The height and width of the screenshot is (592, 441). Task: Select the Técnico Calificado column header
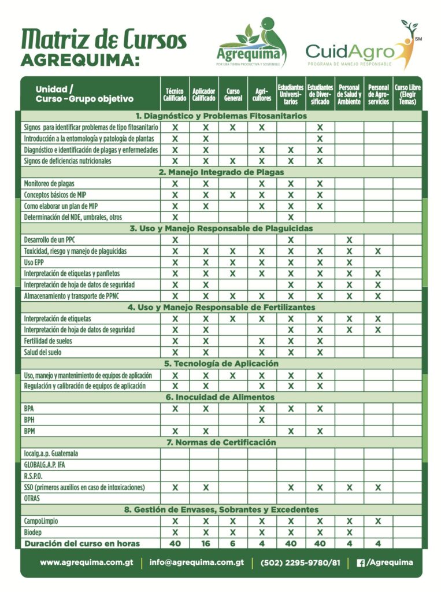click(175, 95)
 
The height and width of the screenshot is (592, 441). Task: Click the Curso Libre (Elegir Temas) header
click(407, 95)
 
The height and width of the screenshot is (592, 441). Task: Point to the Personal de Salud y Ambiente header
click(349, 95)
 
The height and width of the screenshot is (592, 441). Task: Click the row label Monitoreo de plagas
click(49, 184)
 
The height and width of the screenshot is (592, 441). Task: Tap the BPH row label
click(29, 420)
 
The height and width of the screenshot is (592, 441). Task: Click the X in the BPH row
click(261, 420)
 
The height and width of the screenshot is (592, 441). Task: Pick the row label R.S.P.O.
click(33, 476)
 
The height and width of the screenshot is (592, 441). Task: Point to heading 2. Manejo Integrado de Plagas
click(221, 172)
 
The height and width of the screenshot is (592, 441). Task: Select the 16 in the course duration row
click(203, 543)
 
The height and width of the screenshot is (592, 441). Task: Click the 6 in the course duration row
click(232, 543)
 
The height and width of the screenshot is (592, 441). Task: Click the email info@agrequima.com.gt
click(197, 562)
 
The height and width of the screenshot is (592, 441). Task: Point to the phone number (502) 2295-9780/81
click(301, 562)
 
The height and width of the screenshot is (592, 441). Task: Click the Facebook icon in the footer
click(361, 563)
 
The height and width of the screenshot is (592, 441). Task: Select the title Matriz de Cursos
click(104, 39)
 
